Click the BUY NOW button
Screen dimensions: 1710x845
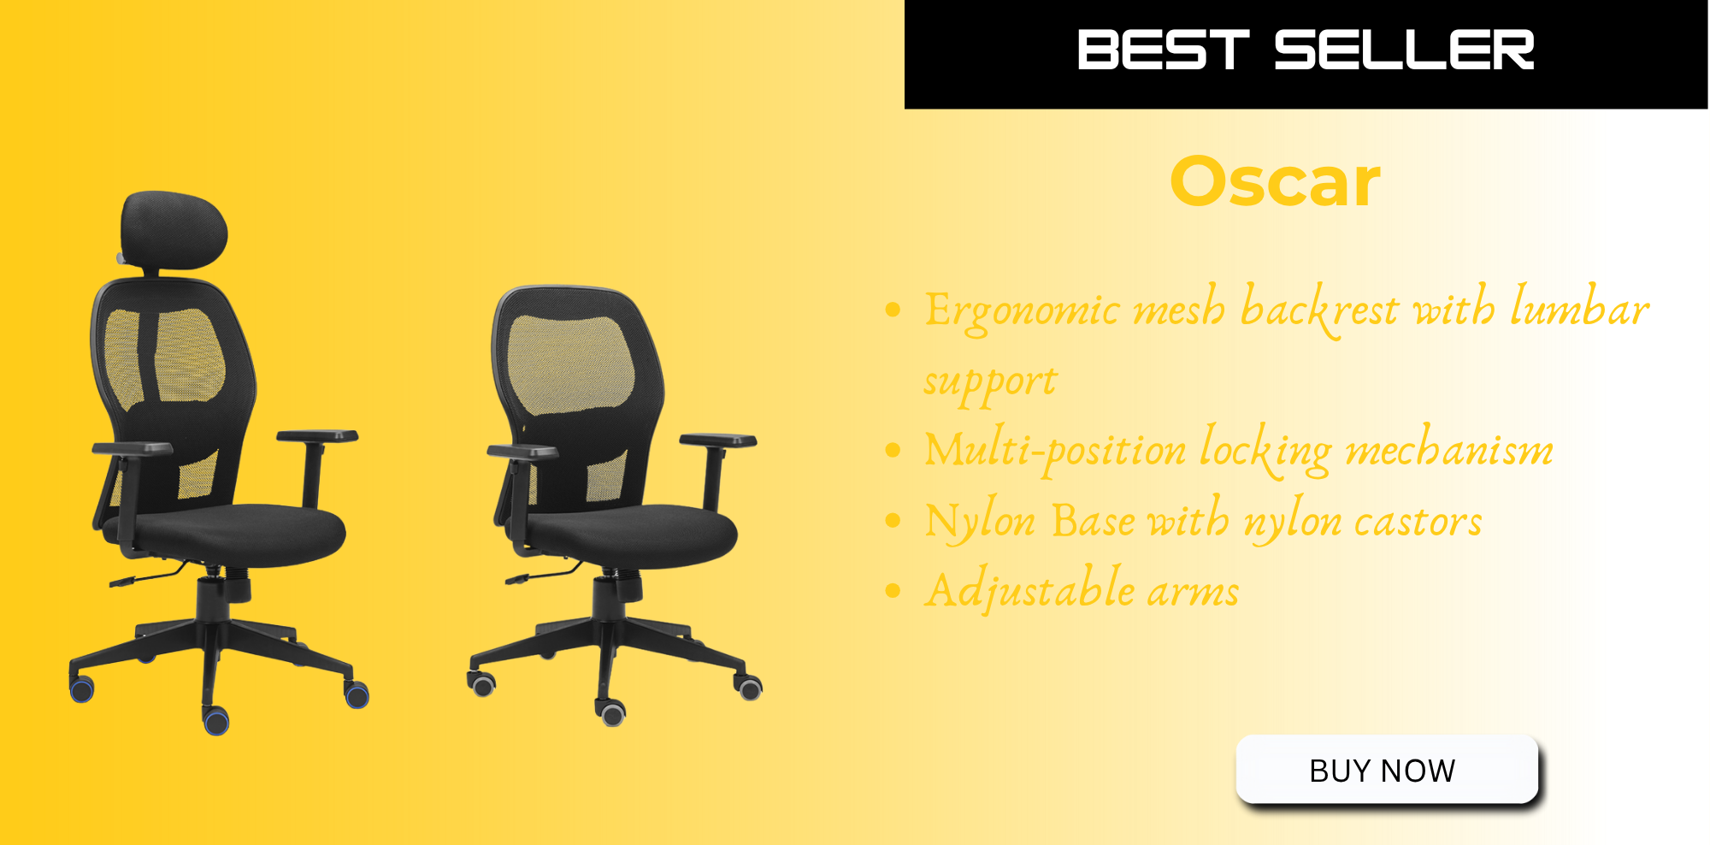pos(1387,770)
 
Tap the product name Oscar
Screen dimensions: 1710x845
pos(1275,181)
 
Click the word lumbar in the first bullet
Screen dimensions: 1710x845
pos(1579,306)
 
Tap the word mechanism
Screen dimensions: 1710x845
pos(1448,448)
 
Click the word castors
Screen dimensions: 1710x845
pos(1418,521)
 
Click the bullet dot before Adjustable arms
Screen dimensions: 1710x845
pos(893,590)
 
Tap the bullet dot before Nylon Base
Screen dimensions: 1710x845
pos(893,520)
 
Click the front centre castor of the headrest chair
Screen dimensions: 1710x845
pos(216,720)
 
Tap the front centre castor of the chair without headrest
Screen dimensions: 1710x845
pos(612,712)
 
